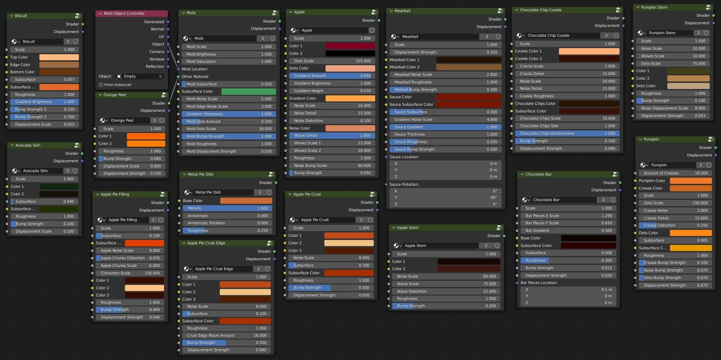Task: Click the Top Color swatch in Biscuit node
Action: point(59,57)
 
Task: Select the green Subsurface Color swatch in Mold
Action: point(248,92)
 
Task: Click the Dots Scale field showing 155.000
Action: point(332,61)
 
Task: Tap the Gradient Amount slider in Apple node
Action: point(332,76)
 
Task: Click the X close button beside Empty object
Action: point(160,76)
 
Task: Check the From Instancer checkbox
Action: point(101,85)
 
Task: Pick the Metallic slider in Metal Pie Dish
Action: point(228,208)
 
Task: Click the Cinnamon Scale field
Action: point(130,273)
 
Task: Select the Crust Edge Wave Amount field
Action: point(226,335)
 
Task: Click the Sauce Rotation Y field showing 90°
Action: point(446,197)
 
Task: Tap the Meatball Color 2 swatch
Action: point(468,67)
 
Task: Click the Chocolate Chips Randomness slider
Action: point(567,133)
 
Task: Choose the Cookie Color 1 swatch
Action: point(589,51)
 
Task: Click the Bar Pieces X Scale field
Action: point(568,216)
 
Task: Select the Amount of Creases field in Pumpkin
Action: point(675,173)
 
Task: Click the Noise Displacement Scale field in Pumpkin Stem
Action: point(673,108)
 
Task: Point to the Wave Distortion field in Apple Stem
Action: point(446,291)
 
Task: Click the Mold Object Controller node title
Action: point(124,13)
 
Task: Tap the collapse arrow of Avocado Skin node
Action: point(12,145)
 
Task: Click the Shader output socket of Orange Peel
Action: point(169,103)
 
